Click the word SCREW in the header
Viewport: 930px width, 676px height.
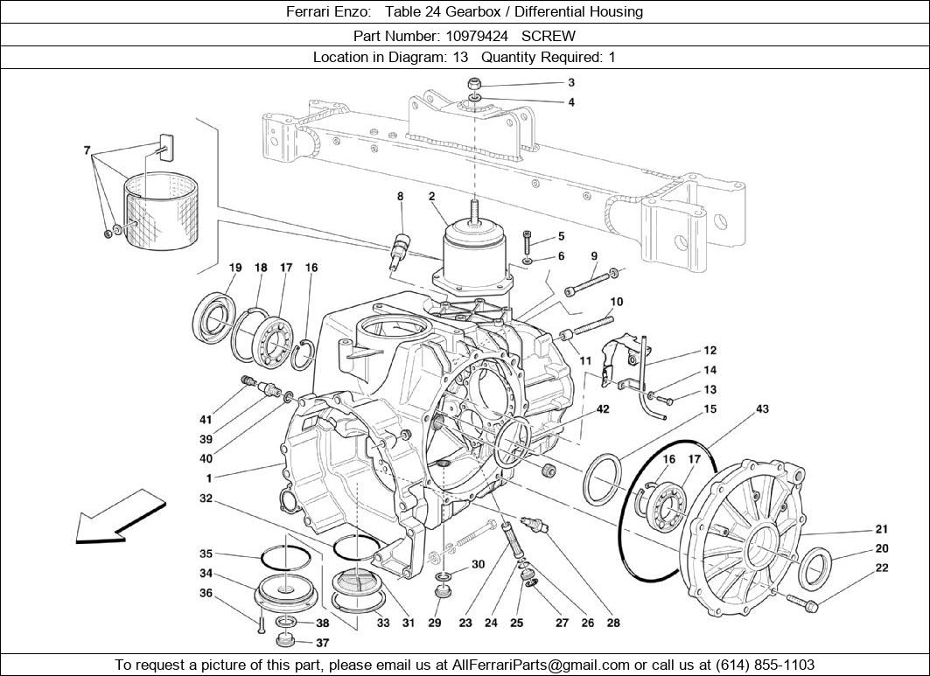click(x=549, y=36)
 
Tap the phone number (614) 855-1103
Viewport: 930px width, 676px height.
click(x=765, y=665)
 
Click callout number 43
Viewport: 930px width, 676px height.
click(x=762, y=409)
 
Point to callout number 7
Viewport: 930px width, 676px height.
click(x=87, y=150)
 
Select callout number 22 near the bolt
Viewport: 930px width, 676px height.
click(x=882, y=568)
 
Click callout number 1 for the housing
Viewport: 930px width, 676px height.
click(x=209, y=478)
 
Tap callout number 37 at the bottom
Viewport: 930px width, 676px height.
click(x=323, y=643)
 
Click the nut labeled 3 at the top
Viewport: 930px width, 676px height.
click(x=474, y=83)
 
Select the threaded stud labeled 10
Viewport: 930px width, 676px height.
click(x=594, y=321)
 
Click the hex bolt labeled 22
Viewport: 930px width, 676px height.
click(x=801, y=603)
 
